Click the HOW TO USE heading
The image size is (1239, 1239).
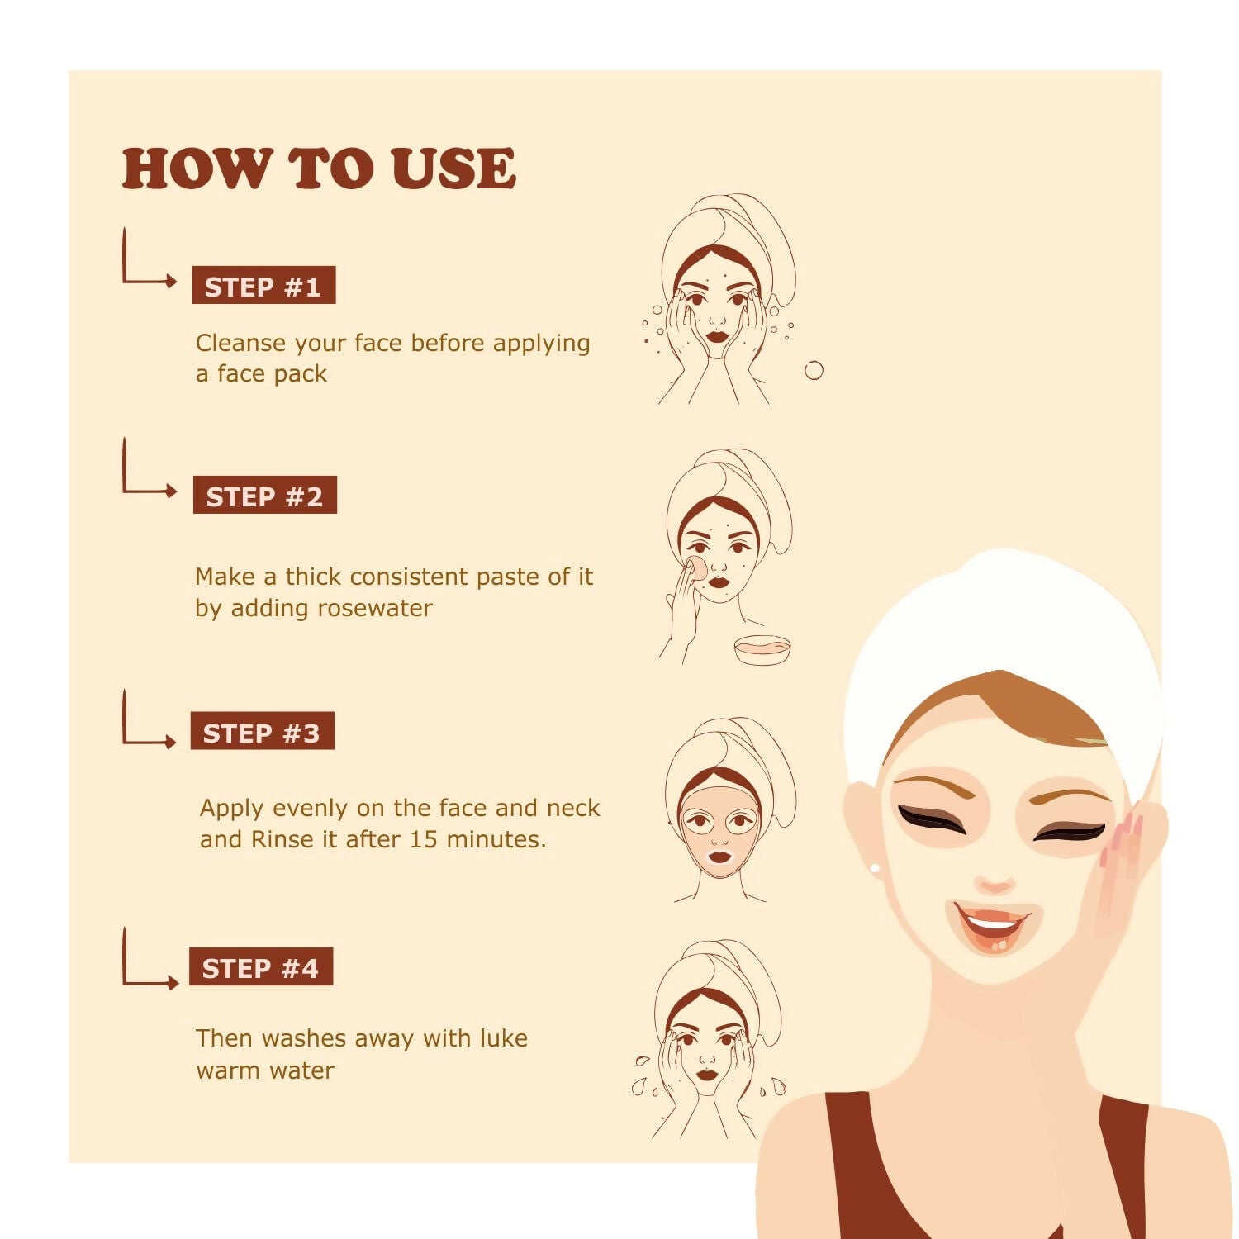319,169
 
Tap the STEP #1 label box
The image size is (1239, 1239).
263,286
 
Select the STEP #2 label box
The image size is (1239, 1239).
265,496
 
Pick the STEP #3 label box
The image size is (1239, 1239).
262,731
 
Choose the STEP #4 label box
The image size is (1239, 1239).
261,967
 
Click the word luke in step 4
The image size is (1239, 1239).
502,1039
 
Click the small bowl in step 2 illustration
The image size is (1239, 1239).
762,649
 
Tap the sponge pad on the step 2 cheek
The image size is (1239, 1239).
697,567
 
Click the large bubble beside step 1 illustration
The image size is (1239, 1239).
814,370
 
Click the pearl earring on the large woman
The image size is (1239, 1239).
875,868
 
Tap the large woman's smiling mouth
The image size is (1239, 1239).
993,925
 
